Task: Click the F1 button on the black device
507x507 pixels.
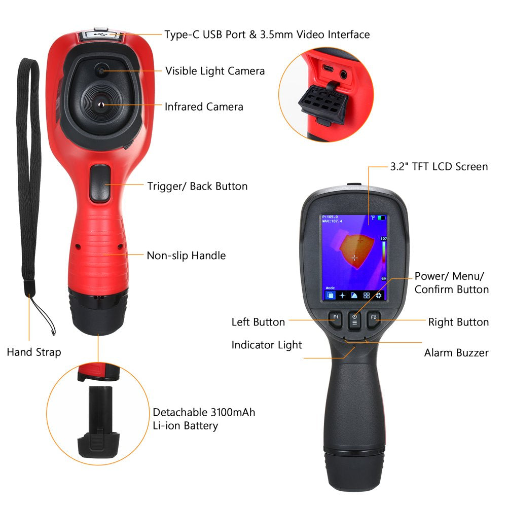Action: [x=335, y=318]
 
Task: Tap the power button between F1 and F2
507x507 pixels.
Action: [x=354, y=319]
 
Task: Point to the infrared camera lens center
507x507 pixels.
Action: [x=101, y=104]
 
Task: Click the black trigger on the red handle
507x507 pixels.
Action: [x=99, y=183]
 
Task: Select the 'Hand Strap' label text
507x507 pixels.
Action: [x=34, y=352]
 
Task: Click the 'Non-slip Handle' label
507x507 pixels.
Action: [x=186, y=256]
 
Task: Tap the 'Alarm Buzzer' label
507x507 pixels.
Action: [x=456, y=353]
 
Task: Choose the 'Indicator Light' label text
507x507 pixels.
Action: [x=267, y=345]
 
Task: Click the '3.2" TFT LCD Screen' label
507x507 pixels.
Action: [x=439, y=166]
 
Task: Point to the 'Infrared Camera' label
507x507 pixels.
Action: [x=204, y=106]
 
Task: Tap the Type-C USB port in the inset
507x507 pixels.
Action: [x=329, y=69]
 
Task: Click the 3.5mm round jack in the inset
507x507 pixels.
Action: [x=345, y=74]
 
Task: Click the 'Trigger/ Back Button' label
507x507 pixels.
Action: [x=197, y=186]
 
